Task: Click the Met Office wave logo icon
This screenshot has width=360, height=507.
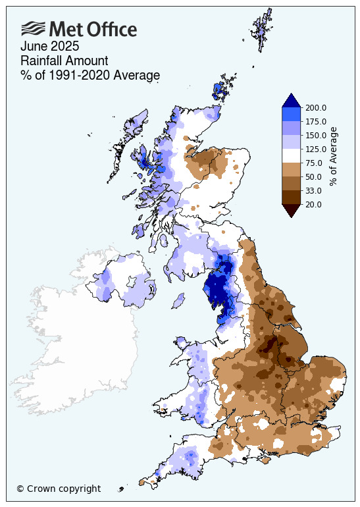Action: [x=33, y=28]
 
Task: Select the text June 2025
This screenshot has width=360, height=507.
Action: [x=49, y=47]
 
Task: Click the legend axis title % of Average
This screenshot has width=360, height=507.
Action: [x=333, y=156]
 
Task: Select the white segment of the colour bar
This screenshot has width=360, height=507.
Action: [x=292, y=156]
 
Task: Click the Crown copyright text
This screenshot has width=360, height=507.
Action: [x=59, y=489]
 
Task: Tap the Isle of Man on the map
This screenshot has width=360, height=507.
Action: [x=177, y=302]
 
